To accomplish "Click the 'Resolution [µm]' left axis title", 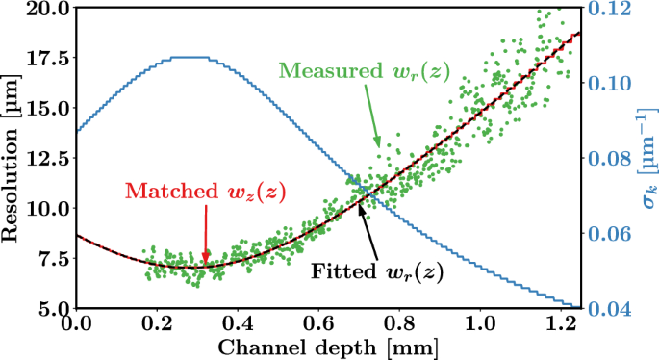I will coord(13,157).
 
